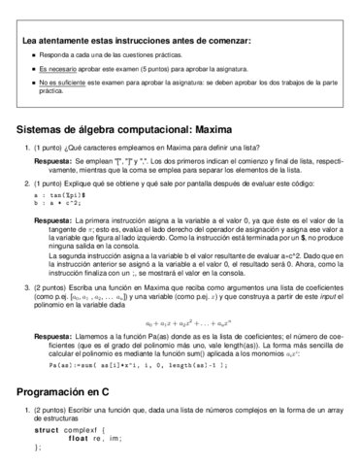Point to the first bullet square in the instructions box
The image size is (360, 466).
[x=33, y=55]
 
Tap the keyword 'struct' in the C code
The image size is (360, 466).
[x=47, y=429]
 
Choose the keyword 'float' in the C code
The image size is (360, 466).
[x=80, y=438]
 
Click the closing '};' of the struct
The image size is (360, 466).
[x=38, y=448]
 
